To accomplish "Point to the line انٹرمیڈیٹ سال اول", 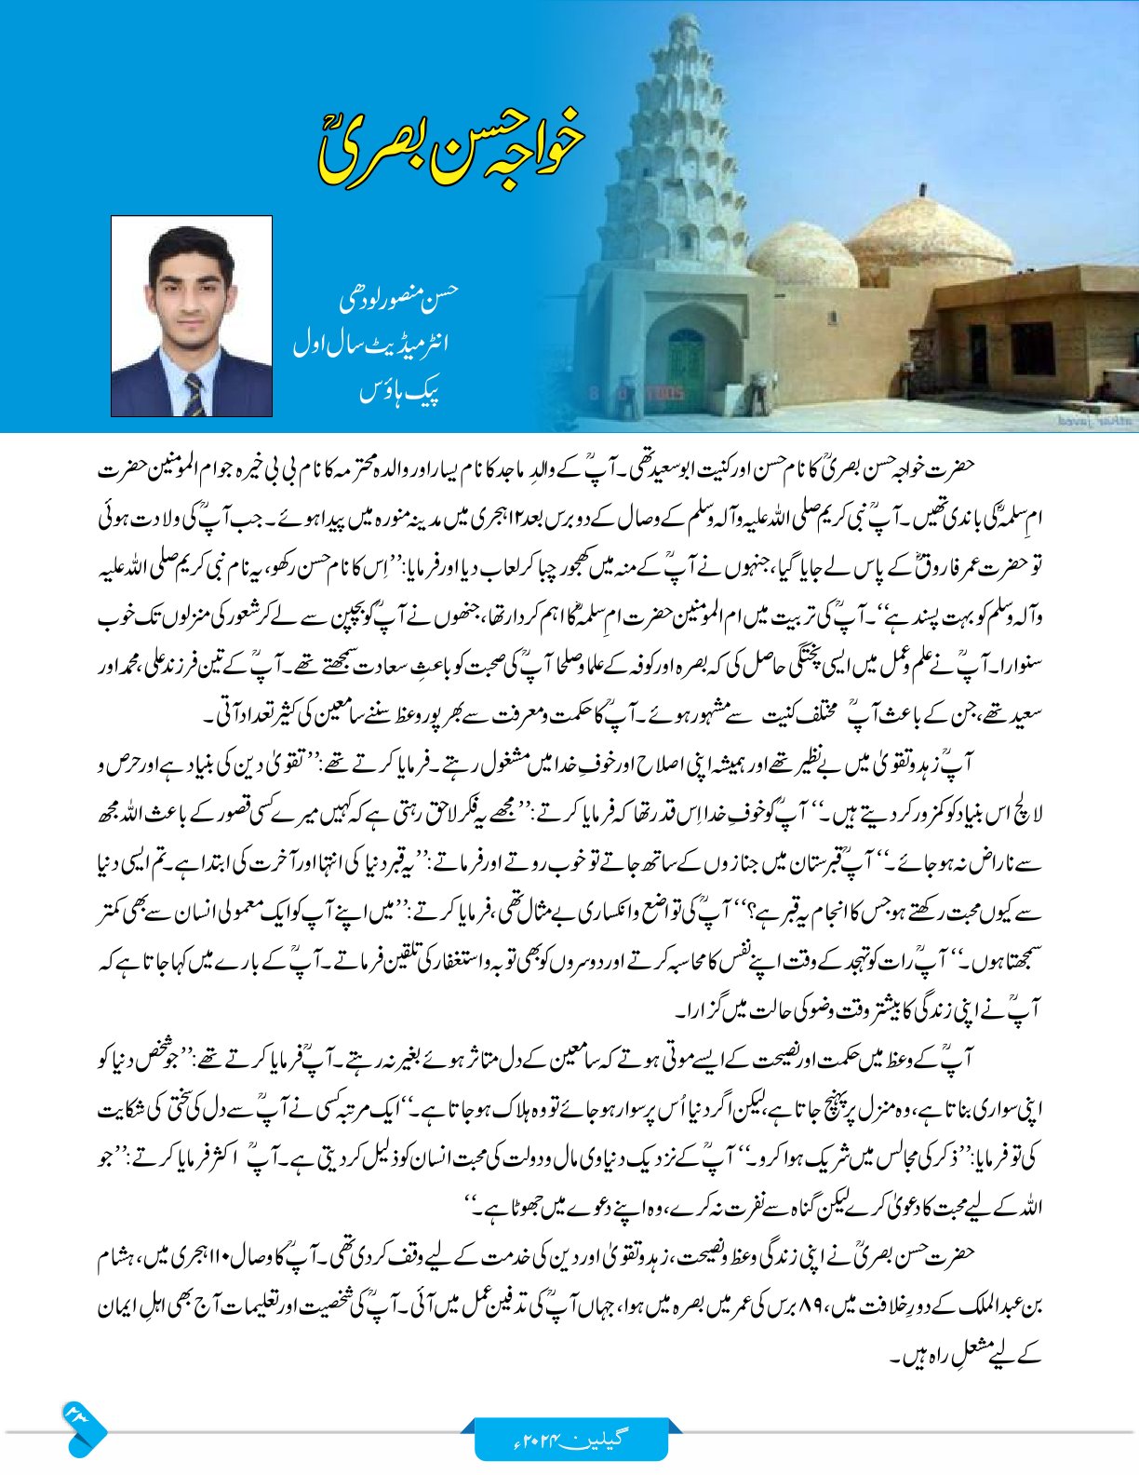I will click(x=371, y=345).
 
